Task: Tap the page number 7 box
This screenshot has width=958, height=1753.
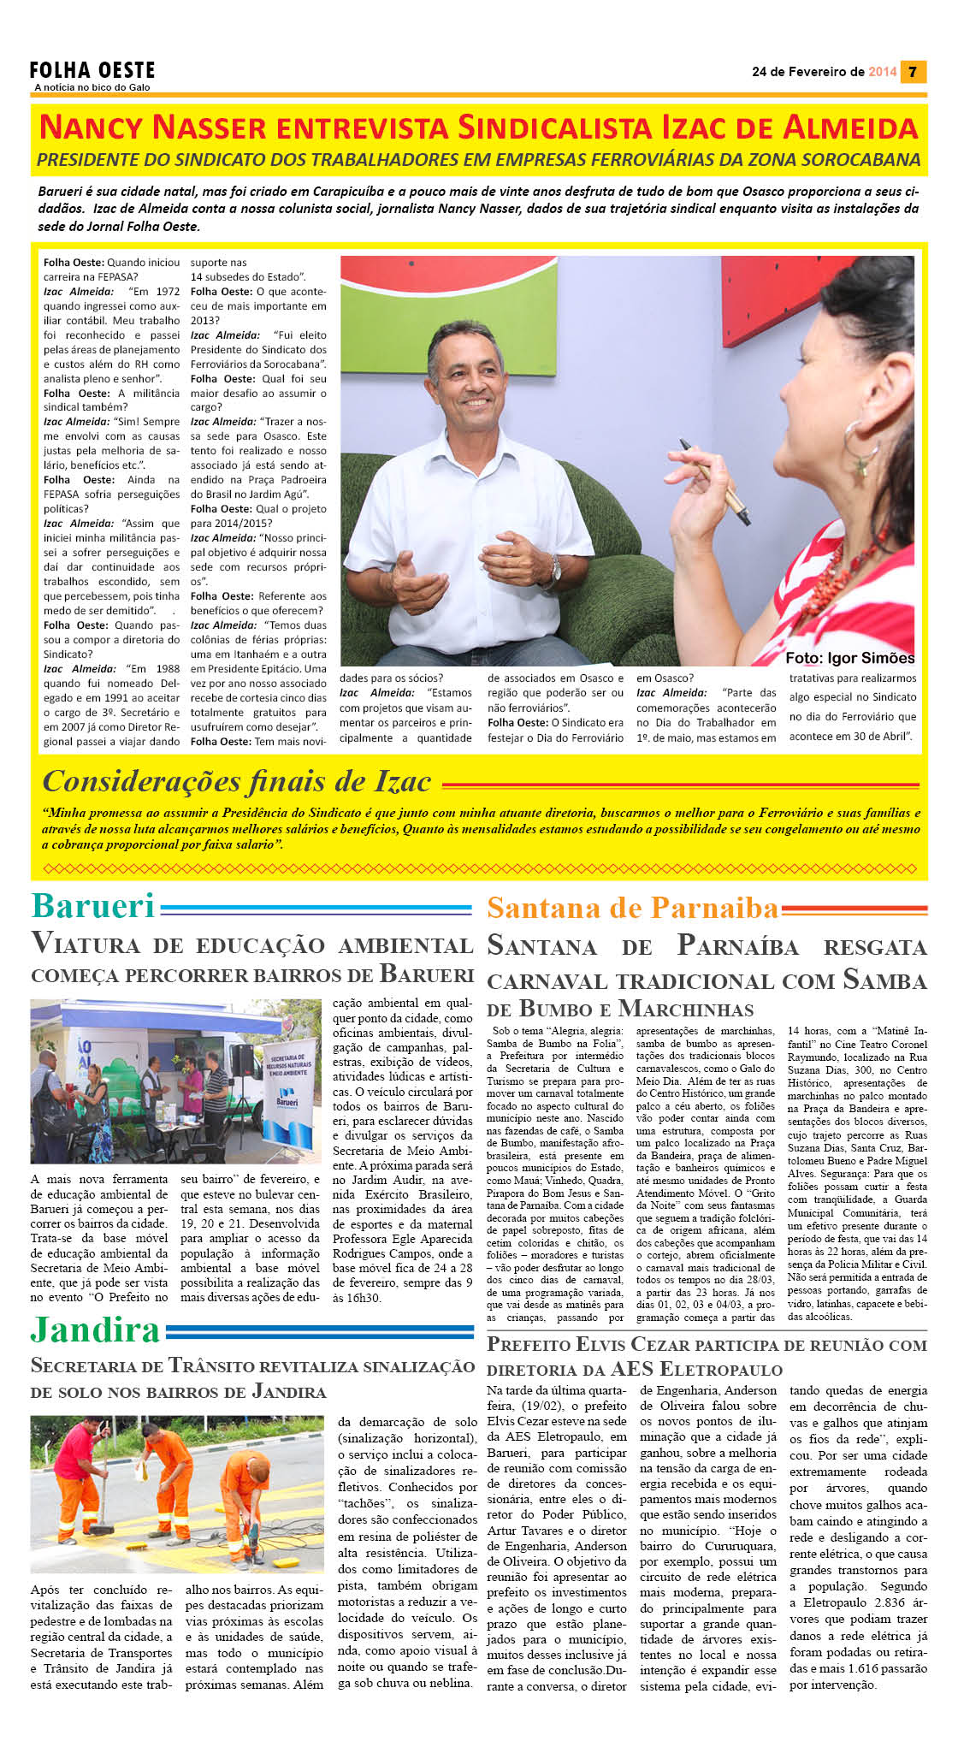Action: pyautogui.click(x=914, y=72)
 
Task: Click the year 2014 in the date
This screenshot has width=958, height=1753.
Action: pyautogui.click(x=882, y=72)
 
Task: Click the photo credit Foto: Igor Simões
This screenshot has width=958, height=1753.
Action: pyautogui.click(x=849, y=658)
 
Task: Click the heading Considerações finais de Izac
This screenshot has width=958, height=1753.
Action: pyautogui.click(x=236, y=781)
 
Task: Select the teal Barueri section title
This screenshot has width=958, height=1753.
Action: pyautogui.click(x=93, y=906)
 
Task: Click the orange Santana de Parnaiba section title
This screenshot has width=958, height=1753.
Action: pyautogui.click(x=632, y=908)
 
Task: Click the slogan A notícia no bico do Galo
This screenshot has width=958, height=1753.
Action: pyautogui.click(x=92, y=87)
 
